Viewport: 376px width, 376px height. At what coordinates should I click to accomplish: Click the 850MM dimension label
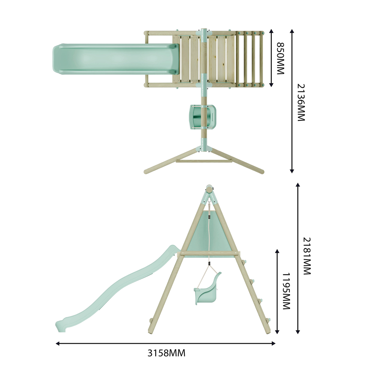click(280, 58)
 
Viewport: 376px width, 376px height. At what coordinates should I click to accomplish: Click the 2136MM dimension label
click(301, 102)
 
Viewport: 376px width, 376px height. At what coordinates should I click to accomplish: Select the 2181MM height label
click(307, 256)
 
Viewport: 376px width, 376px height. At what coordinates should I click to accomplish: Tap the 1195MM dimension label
click(286, 291)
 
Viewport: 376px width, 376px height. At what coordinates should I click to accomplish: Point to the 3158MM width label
click(166, 353)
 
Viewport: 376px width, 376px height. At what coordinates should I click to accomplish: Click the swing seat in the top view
click(202, 117)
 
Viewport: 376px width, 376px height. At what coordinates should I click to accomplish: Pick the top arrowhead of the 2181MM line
click(298, 185)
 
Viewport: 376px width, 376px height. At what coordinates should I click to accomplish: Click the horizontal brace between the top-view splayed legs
click(204, 161)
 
